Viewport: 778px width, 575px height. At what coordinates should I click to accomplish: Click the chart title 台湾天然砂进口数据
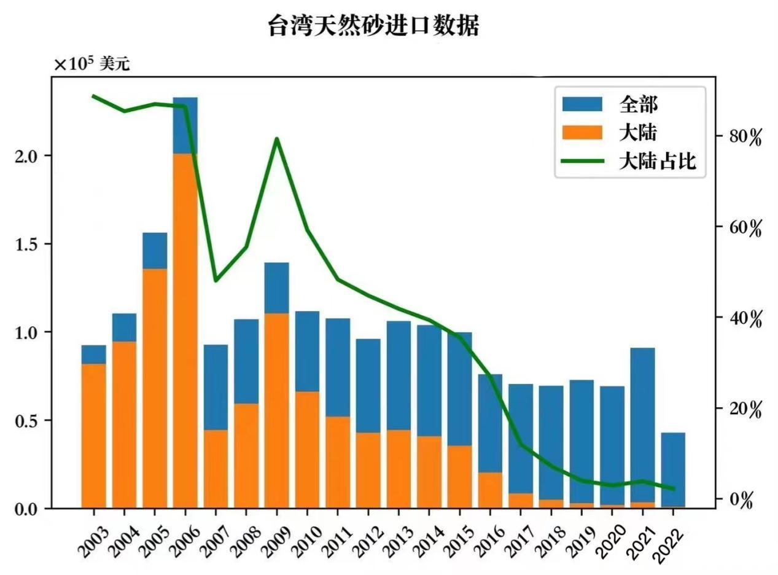click(x=373, y=26)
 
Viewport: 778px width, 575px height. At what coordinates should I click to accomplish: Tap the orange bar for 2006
click(x=185, y=332)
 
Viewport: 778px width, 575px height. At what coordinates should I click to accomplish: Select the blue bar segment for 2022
click(x=673, y=469)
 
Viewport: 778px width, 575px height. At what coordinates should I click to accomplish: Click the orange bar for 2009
click(x=276, y=412)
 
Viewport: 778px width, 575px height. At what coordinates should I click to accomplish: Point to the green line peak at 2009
click(x=276, y=139)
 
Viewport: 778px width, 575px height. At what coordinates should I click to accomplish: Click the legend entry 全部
click(x=639, y=104)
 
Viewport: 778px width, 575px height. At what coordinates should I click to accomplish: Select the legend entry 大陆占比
click(x=657, y=162)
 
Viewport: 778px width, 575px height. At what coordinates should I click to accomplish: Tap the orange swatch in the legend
click(x=582, y=132)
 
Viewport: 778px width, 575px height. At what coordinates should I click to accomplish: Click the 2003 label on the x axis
click(x=90, y=540)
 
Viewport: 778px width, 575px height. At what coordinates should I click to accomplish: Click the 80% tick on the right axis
click(x=745, y=137)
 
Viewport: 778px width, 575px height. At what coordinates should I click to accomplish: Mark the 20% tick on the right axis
click(x=745, y=410)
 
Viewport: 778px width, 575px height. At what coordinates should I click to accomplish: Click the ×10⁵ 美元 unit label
click(x=92, y=64)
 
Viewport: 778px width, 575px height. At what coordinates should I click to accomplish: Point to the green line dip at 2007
click(x=216, y=281)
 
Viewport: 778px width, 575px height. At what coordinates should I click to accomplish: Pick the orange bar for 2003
click(x=94, y=436)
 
